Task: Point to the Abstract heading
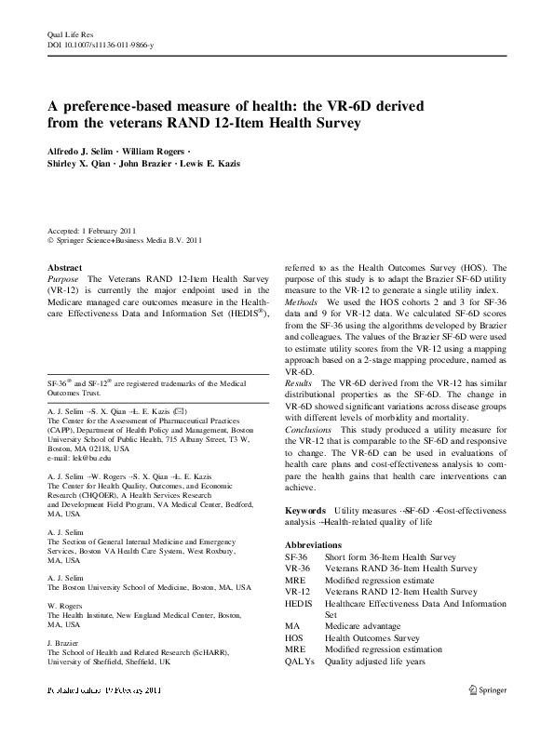click(65, 266)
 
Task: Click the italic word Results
click(301, 382)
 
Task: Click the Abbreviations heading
click(313, 544)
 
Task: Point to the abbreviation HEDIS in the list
click(300, 603)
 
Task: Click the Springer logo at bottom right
click(487, 689)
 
